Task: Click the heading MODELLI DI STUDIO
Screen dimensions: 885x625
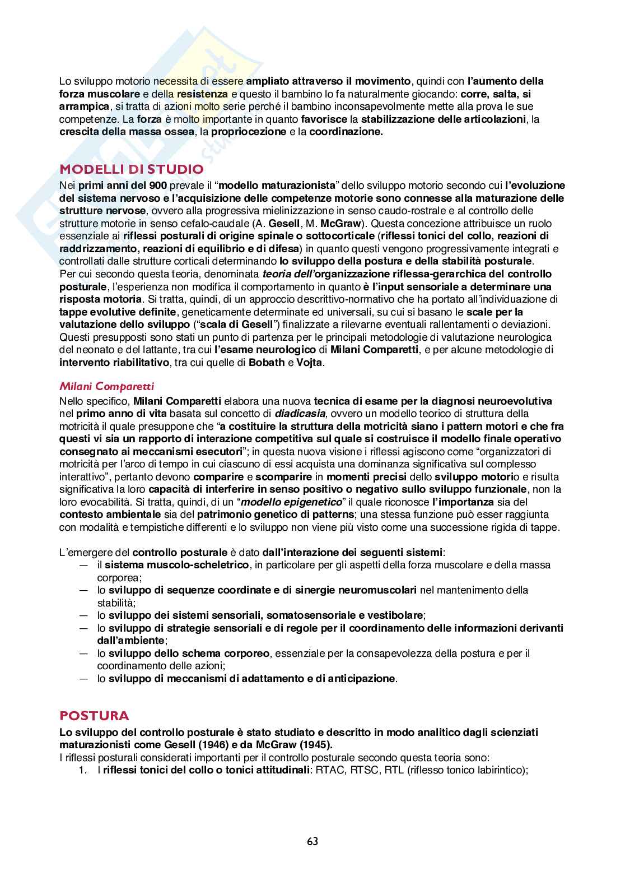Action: (132, 169)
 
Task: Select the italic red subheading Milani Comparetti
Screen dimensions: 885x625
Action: (106, 387)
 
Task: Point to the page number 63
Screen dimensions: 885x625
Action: (312, 841)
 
